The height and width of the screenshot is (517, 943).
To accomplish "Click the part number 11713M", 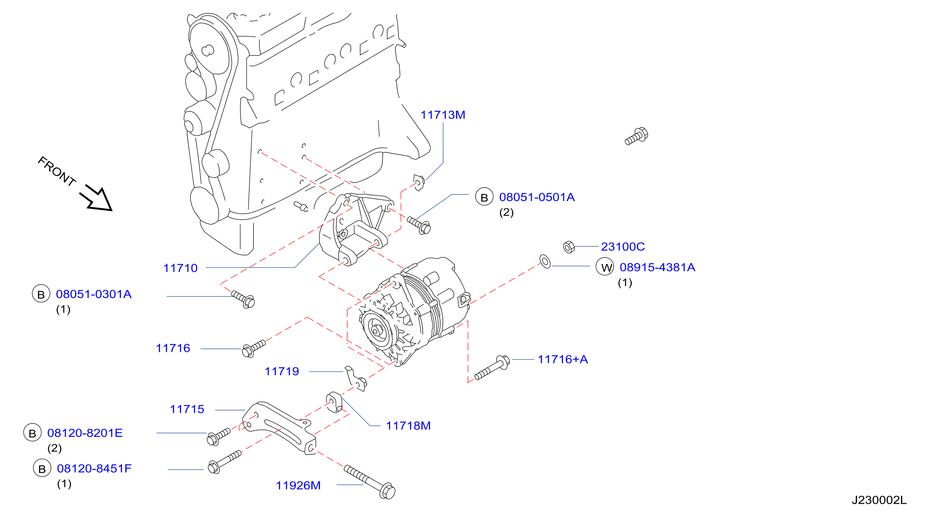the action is click(x=443, y=115).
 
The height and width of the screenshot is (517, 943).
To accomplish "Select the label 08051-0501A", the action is click(x=537, y=197).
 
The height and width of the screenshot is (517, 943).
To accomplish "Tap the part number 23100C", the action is click(x=623, y=247).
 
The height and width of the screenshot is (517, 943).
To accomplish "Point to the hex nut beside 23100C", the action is click(x=569, y=247).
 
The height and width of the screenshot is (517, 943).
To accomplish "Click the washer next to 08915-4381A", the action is click(x=545, y=262).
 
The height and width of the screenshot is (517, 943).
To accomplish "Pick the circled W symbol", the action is click(x=605, y=267).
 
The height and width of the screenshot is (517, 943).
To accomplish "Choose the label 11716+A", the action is click(x=563, y=360).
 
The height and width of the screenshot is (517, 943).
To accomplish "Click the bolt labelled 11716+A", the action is click(x=492, y=367).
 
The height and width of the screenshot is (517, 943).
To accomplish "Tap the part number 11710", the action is click(x=180, y=268).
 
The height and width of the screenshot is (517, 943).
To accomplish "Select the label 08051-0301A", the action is click(x=93, y=294).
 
